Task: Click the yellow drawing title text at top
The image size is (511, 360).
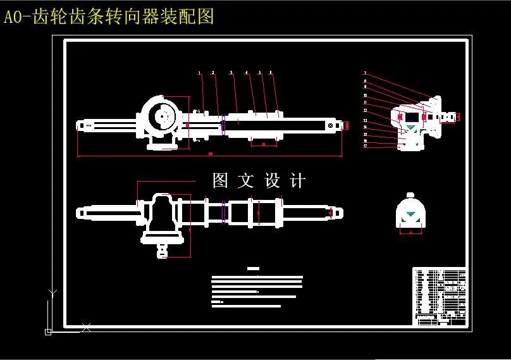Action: pyautogui.click(x=109, y=17)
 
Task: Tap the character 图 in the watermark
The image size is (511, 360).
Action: pyautogui.click(x=220, y=181)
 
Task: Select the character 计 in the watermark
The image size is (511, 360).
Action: pyautogui.click(x=297, y=181)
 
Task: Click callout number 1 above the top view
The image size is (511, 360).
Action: pyautogui.click(x=199, y=73)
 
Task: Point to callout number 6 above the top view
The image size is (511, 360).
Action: pyautogui.click(x=271, y=73)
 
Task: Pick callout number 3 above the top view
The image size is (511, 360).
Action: pyautogui.click(x=231, y=73)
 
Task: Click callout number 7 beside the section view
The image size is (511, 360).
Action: pyautogui.click(x=365, y=74)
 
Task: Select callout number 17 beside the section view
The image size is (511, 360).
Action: pyautogui.click(x=365, y=146)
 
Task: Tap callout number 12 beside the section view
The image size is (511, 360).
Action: pyautogui.click(x=365, y=110)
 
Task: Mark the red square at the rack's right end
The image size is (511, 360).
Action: pyautogui.click(x=347, y=125)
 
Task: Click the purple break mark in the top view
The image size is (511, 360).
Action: pyautogui.click(x=223, y=125)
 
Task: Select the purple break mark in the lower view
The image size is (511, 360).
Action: pyautogui.click(x=223, y=212)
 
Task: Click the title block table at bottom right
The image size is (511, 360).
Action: pyautogui.click(x=440, y=296)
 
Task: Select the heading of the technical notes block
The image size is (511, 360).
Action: pyautogui.click(x=254, y=269)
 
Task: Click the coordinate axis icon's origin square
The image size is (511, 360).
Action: pyautogui.click(x=49, y=331)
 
